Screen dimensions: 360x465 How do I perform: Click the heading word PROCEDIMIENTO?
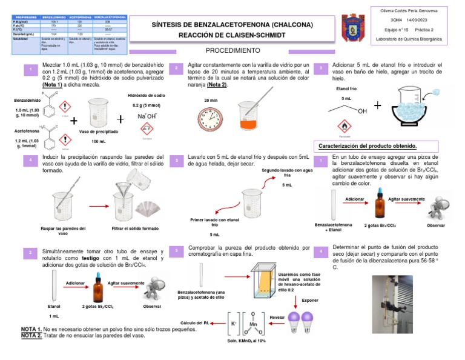pyautogui.click(x=232, y=51)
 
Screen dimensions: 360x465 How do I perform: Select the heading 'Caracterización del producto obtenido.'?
pyautogui.click(x=368, y=147)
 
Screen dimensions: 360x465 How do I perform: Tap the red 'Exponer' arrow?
pyautogui.click(x=296, y=301)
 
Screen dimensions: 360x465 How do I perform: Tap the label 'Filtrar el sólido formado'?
pyautogui.click(x=135, y=228)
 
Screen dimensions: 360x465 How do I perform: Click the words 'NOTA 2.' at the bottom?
pyautogui.click(x=31, y=335)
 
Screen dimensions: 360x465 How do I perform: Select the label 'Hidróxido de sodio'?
pyautogui.click(x=147, y=96)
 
